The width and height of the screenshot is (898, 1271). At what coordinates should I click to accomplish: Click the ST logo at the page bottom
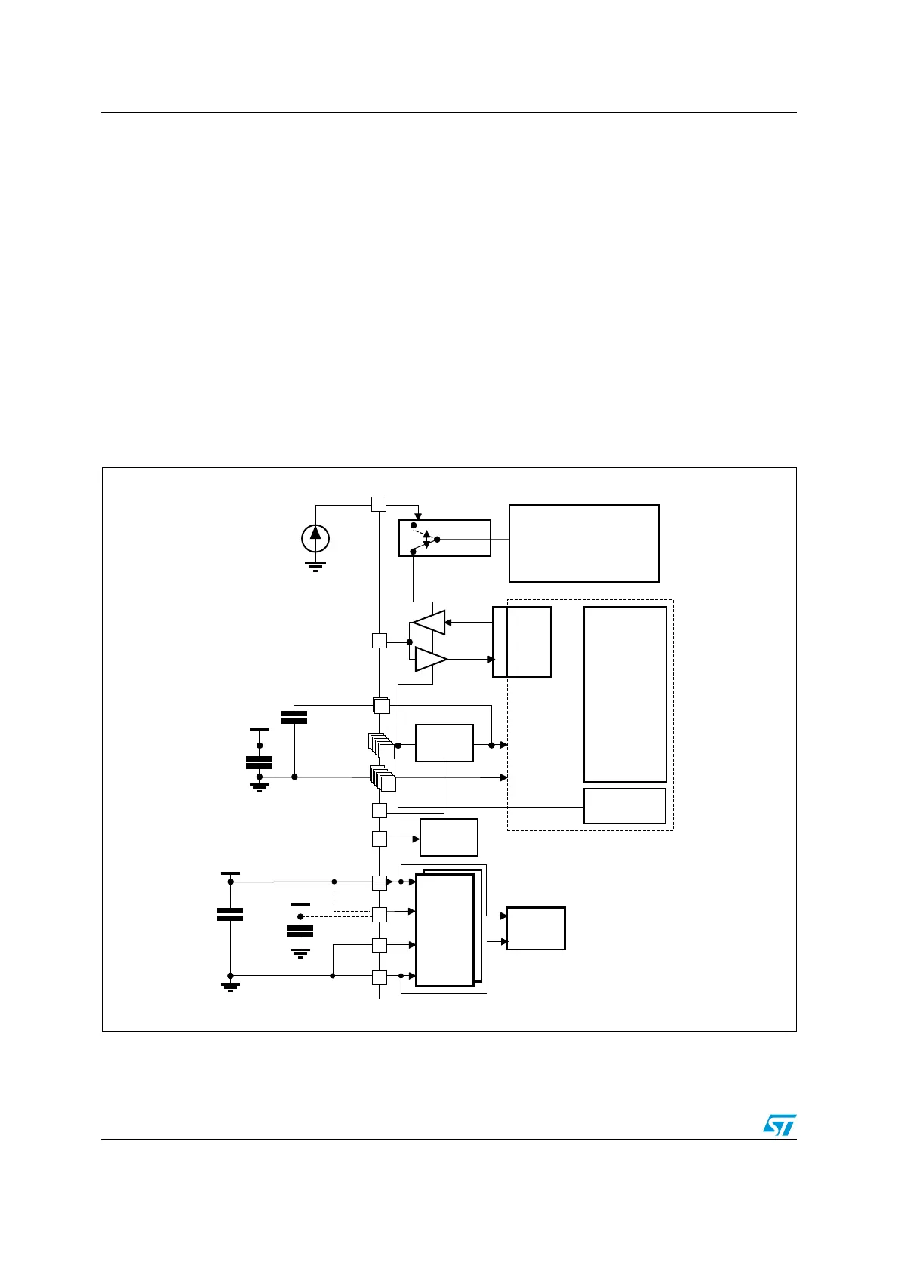(x=779, y=1125)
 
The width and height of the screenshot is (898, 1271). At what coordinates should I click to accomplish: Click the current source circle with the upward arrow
(x=315, y=537)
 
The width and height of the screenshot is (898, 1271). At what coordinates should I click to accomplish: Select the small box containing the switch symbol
(x=444, y=538)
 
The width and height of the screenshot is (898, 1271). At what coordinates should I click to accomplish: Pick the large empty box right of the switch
(x=584, y=543)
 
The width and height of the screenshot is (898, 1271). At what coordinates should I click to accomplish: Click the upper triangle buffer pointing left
(x=429, y=623)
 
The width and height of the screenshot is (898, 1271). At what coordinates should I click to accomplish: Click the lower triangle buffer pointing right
(x=430, y=659)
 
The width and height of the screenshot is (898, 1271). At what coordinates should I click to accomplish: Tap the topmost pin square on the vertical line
(x=379, y=504)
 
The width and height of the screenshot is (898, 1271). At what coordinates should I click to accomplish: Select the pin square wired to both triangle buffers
(x=379, y=641)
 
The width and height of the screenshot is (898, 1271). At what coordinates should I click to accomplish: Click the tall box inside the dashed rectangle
(x=625, y=694)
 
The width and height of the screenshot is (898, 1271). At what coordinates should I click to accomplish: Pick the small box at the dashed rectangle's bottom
(x=625, y=806)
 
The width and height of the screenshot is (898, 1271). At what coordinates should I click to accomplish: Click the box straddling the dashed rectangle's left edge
(x=521, y=642)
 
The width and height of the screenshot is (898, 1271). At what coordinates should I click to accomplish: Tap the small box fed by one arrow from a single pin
(x=449, y=838)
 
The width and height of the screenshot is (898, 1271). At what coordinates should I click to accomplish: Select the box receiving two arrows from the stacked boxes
(x=536, y=928)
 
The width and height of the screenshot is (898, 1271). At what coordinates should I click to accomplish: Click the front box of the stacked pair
(x=444, y=930)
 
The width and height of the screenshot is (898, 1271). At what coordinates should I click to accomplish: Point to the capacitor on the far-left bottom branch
(x=230, y=914)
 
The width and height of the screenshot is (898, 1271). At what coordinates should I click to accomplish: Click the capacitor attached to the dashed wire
(x=300, y=931)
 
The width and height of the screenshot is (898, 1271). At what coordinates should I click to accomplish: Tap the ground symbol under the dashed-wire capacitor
(x=300, y=953)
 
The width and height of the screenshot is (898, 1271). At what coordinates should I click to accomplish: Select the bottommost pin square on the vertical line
(x=379, y=977)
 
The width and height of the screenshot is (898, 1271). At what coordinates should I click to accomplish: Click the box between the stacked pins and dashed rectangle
(x=444, y=743)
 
